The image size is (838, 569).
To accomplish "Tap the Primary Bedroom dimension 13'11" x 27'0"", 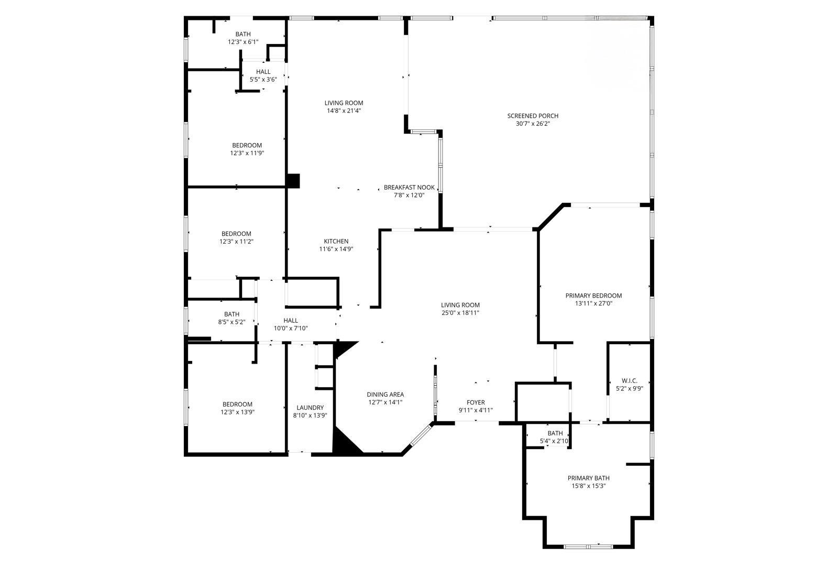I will point(593,303).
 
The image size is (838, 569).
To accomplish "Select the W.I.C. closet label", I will point(629,380).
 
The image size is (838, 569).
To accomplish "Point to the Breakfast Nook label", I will point(409,187).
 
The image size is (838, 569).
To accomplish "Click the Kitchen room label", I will point(336,241).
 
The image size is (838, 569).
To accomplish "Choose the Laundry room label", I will point(310,408).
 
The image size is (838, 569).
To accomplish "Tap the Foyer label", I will point(476,402).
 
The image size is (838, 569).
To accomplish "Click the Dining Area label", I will point(385,395).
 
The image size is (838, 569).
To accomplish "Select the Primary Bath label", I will point(588,478).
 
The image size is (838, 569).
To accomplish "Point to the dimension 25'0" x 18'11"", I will point(460,313).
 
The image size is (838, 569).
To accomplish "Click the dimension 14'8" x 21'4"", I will point(344,111).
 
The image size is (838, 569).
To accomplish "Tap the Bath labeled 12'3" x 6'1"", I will point(243,34).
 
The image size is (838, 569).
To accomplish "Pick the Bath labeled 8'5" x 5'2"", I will point(231,314).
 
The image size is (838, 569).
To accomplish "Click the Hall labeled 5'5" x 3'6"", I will point(263,72).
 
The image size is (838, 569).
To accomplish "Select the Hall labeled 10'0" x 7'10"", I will point(291,321).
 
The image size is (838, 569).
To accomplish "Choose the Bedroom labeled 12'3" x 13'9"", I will point(237,404).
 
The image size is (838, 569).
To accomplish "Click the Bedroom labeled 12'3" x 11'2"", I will point(236,234).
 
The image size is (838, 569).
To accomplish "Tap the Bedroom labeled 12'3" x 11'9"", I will point(247,145).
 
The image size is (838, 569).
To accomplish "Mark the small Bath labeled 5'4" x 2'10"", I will point(555,433).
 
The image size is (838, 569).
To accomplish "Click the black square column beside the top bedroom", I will point(293,180).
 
